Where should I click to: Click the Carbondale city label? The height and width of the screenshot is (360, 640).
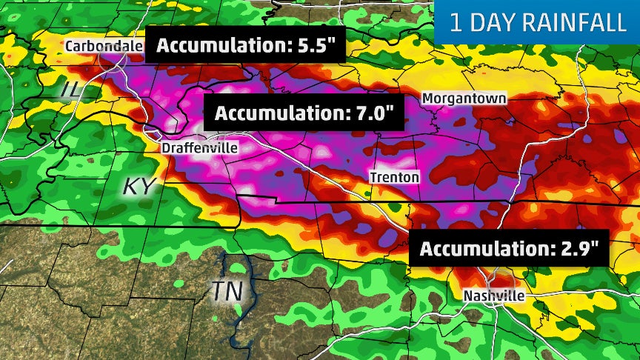click(x=104, y=46)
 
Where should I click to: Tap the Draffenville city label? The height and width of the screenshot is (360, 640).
click(x=200, y=148)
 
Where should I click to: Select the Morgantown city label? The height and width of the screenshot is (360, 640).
click(x=464, y=99)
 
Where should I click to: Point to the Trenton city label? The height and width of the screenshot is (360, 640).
click(x=395, y=177)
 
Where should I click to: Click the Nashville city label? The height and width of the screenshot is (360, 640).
click(x=494, y=296)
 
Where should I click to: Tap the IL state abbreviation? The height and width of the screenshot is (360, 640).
click(x=71, y=90)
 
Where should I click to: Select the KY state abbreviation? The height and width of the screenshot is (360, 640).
click(x=139, y=186)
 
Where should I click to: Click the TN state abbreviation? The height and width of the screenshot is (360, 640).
click(x=228, y=291)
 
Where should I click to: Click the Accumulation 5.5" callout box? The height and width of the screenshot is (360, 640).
click(x=245, y=46)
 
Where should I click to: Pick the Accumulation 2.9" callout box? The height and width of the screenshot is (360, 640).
click(x=509, y=248)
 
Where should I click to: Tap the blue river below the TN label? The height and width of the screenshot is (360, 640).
click(x=239, y=322)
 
